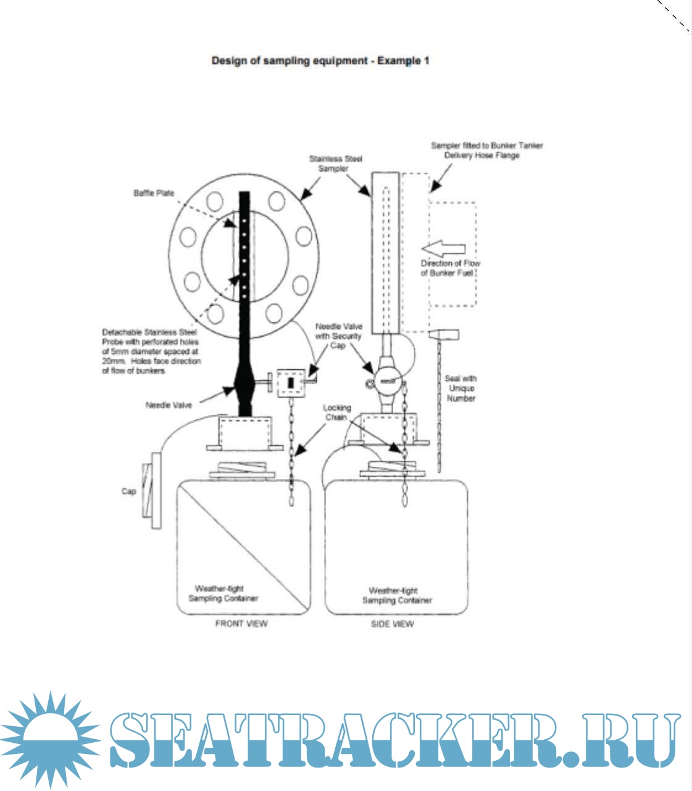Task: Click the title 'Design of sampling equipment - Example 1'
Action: pyautogui.click(x=320, y=61)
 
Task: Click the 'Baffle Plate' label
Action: pyautogui.click(x=154, y=193)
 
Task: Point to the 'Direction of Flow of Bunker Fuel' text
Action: pyautogui.click(x=451, y=268)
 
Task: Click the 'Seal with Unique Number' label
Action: pyautogui.click(x=461, y=388)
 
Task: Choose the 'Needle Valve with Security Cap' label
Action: pyautogui.click(x=338, y=336)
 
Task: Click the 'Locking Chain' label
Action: pyautogui.click(x=336, y=412)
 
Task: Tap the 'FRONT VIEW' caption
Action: pyautogui.click(x=241, y=624)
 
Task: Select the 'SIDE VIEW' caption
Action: pyautogui.click(x=392, y=624)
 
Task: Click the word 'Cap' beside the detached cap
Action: pyautogui.click(x=128, y=492)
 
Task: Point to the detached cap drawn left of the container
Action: pyautogui.click(x=150, y=490)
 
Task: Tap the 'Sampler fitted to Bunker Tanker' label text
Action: pyautogui.click(x=486, y=146)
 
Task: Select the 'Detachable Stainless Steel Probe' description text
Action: pyautogui.click(x=152, y=351)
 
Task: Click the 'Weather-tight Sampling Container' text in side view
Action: pyautogui.click(x=396, y=595)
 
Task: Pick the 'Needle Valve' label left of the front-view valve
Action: pyautogui.click(x=169, y=405)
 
